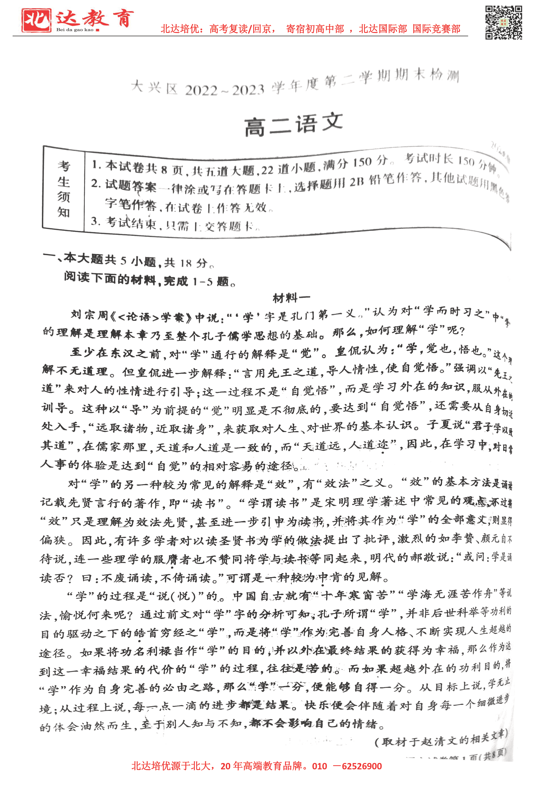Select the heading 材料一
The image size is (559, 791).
coord(291,298)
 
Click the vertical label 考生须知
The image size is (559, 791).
coord(64,189)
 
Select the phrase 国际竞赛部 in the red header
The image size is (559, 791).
coord(436,29)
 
